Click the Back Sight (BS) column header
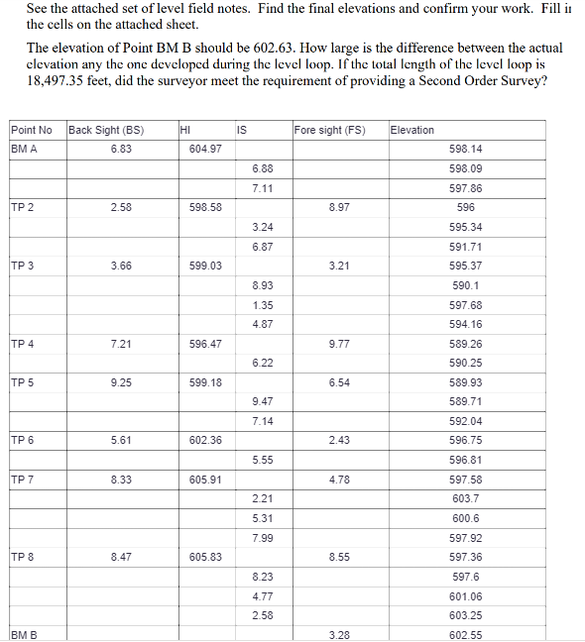pyautogui.click(x=105, y=130)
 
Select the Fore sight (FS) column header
pyautogui.click(x=330, y=130)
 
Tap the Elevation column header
pyautogui.click(x=412, y=130)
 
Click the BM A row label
pyautogui.click(x=25, y=149)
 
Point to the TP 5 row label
pyautogui.click(x=23, y=382)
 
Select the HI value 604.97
pyautogui.click(x=205, y=149)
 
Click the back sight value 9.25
pyautogui.click(x=121, y=382)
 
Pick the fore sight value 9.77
pyautogui.click(x=338, y=344)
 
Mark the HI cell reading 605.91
pyautogui.click(x=205, y=480)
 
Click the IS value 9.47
pyautogui.click(x=263, y=401)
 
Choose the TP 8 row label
pyautogui.click(x=23, y=557)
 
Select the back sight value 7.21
pyautogui.click(x=121, y=344)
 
